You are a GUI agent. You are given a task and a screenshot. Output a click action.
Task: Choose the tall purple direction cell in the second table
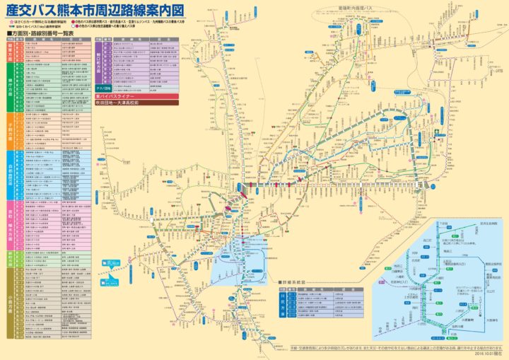click(98, 63)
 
